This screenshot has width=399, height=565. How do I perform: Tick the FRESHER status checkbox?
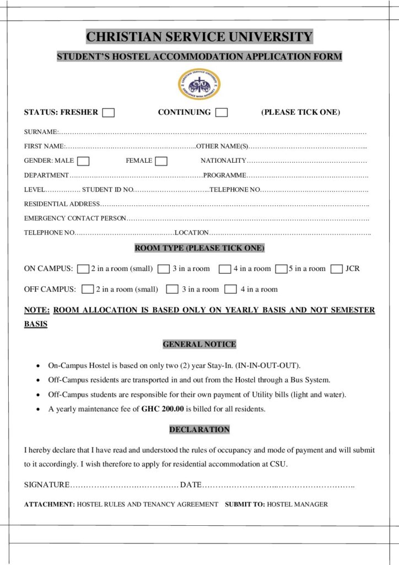point(109,113)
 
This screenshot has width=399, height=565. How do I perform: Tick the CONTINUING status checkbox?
point(222,113)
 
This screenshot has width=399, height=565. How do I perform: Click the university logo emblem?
point(199,84)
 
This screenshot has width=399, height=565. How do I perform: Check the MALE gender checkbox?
point(83,161)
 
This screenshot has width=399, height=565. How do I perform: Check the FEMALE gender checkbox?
point(161,161)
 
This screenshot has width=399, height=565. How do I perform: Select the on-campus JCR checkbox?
point(337,269)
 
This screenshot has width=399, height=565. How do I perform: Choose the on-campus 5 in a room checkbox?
point(281,269)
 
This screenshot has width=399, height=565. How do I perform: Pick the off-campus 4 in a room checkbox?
point(231,289)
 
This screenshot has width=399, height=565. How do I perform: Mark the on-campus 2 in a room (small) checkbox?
point(83,269)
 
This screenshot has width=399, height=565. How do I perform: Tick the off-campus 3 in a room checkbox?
point(172,289)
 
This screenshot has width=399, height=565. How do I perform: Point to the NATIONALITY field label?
point(223,161)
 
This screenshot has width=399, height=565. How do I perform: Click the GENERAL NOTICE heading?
point(199,344)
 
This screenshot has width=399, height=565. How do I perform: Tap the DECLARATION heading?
point(199,429)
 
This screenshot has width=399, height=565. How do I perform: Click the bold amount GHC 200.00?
point(163,409)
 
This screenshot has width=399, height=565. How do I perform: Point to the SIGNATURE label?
point(47,484)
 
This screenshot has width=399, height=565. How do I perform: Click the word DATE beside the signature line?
point(191,484)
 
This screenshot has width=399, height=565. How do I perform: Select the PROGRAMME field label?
point(224,175)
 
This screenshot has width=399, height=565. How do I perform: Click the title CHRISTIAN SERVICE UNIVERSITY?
point(199,37)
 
